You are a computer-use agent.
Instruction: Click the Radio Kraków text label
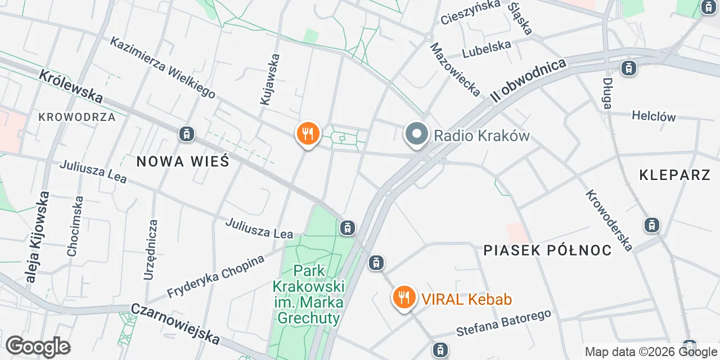(481, 136)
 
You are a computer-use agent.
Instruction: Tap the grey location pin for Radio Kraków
(417, 135)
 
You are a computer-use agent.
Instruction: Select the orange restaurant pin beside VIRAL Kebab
(403, 298)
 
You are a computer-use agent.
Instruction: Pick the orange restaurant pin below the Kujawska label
(308, 134)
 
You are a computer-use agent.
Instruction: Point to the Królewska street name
(71, 86)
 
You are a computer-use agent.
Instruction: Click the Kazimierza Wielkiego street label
(163, 67)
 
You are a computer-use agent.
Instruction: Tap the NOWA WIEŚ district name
(183, 162)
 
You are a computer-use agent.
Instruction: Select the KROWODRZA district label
(77, 117)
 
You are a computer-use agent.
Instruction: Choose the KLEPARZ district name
(675, 175)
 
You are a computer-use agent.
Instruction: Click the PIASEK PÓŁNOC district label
(547, 250)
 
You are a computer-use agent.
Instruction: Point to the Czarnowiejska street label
(175, 323)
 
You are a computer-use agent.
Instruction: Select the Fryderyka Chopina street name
(215, 277)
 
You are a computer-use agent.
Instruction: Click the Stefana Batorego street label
(503, 323)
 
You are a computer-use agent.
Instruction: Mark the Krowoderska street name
(609, 220)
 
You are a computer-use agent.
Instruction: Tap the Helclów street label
(653, 116)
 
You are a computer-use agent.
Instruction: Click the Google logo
(37, 346)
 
